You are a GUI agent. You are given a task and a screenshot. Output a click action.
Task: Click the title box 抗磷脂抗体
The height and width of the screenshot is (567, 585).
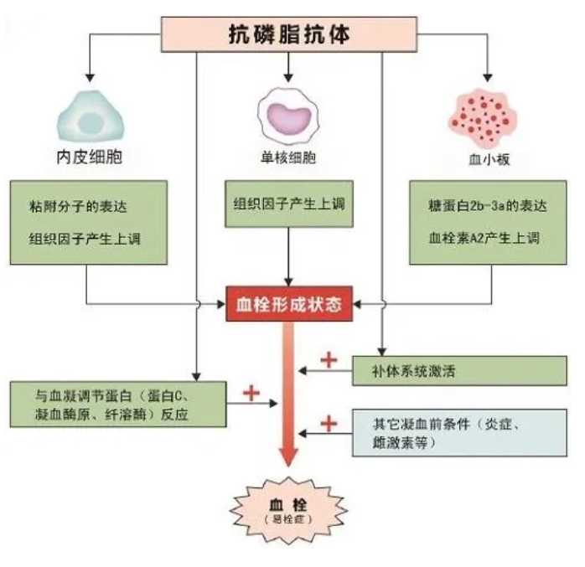pyautogui.click(x=289, y=34)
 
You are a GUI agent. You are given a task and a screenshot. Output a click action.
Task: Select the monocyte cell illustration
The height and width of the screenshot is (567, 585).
pyautogui.click(x=289, y=118)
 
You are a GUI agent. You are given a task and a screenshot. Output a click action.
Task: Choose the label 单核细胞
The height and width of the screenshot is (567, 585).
pyautogui.click(x=289, y=157)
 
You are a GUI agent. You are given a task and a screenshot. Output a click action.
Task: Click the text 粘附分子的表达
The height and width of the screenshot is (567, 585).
pyautogui.click(x=72, y=207)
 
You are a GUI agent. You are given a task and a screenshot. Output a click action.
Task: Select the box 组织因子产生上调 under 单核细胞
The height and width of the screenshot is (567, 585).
pyautogui.click(x=289, y=204)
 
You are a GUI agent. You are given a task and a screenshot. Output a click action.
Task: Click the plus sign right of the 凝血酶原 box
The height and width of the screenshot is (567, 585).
pyautogui.click(x=250, y=392)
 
